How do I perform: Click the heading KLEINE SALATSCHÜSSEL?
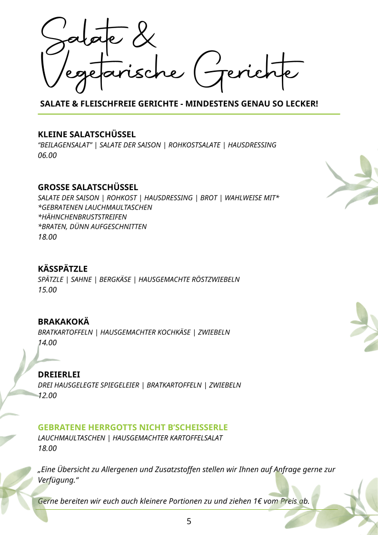coord(87,134)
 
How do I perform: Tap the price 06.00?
coord(47,155)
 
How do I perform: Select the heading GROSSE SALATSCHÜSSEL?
coord(88,187)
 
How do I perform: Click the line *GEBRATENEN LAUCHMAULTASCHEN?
coord(95,207)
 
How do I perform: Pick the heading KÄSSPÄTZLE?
coord(63,269)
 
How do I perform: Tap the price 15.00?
coord(47,290)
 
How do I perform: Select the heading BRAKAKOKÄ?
coord(64,322)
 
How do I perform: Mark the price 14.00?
coord(47,343)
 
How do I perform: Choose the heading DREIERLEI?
coord(59,374)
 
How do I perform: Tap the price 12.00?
coord(47,395)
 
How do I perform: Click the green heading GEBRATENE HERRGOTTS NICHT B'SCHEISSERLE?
coord(133,427)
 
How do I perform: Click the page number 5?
coord(189,522)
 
